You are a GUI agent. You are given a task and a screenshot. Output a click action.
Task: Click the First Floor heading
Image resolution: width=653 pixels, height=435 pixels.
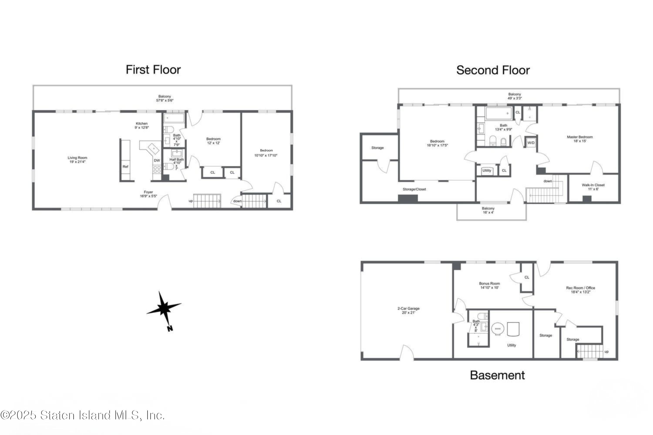pyautogui.click(x=153, y=70)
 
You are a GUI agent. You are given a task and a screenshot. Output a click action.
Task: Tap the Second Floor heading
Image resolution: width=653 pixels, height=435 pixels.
pyautogui.click(x=493, y=70)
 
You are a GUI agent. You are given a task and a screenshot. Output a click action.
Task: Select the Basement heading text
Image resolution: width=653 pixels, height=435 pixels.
pyautogui.click(x=497, y=375)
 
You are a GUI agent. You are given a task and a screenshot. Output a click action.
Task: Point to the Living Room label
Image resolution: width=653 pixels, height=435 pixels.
pyautogui.click(x=77, y=159)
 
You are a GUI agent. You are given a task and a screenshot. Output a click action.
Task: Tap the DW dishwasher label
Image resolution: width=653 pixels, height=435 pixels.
pyautogui.click(x=157, y=160)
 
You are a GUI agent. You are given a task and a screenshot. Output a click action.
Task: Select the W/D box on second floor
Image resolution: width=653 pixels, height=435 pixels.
pyautogui.click(x=531, y=143)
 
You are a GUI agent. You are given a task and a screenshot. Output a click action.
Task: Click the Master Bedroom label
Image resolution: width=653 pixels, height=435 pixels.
pyautogui.click(x=580, y=139)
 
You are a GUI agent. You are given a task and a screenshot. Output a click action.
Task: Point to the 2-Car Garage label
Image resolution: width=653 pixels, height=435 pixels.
pyautogui.click(x=408, y=310)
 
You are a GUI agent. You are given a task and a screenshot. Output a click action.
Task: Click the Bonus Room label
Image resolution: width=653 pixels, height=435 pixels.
pyautogui.click(x=489, y=285)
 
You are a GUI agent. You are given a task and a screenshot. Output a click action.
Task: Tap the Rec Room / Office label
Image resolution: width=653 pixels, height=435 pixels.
pyautogui.click(x=581, y=290)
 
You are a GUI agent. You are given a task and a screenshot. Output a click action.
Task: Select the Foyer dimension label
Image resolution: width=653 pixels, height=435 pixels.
pyautogui.click(x=148, y=194)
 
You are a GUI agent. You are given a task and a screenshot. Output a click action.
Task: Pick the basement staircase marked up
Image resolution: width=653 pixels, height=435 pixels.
pyautogui.click(x=590, y=351)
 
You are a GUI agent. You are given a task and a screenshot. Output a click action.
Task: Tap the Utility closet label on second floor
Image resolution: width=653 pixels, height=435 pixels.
pyautogui.click(x=487, y=171)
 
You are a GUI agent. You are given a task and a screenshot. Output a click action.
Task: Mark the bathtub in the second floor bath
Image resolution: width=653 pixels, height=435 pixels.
pyautogui.click(x=499, y=114)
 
